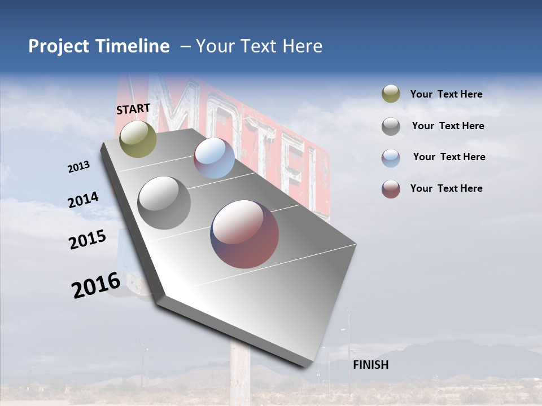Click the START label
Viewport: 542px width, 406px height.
point(133,109)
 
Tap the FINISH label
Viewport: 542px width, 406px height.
point(370,365)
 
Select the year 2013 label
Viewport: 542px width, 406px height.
point(79,167)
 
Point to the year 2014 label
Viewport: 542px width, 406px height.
point(83,200)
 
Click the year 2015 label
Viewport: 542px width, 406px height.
point(88,240)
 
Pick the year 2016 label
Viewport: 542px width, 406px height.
point(96,285)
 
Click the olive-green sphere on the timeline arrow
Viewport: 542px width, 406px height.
point(138,139)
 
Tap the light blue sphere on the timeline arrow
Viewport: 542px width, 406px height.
point(214,158)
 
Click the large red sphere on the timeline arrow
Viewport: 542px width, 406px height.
point(244,234)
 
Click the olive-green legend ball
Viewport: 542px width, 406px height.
point(391,94)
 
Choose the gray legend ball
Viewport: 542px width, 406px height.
point(391,126)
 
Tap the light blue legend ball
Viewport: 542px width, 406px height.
point(391,158)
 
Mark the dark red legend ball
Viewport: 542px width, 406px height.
point(391,189)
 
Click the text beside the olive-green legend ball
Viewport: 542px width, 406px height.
point(446,94)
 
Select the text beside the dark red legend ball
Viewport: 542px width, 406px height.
point(446,188)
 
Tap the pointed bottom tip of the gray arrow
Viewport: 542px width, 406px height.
point(308,365)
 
